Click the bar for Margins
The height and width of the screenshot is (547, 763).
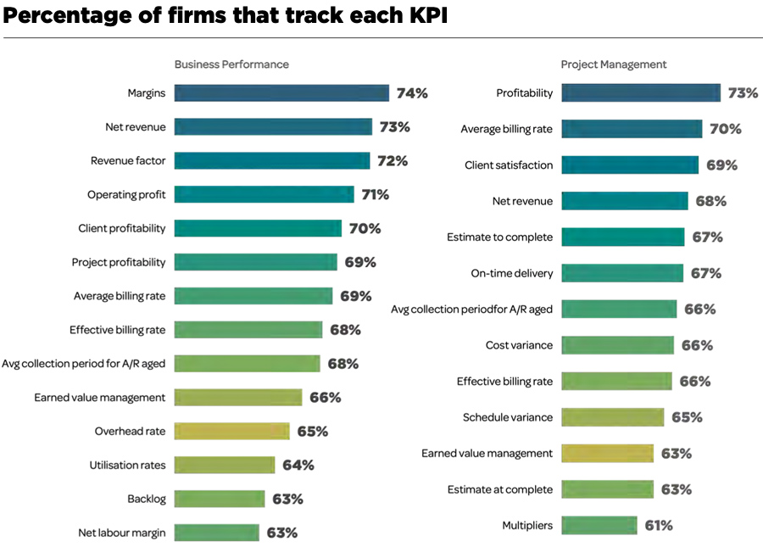pos(281,93)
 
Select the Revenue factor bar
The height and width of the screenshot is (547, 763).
pos(272,161)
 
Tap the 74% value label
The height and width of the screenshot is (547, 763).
pos(412,93)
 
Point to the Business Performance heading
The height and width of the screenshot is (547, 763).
pos(231,64)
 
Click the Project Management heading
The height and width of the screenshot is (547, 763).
pos(614,64)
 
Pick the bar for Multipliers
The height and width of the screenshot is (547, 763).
pos(599,526)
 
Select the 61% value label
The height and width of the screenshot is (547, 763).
pos(659,526)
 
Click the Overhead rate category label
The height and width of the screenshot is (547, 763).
pos(130,432)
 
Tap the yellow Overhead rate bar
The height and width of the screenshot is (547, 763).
pos(231,432)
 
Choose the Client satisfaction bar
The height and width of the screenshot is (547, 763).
pos(630,165)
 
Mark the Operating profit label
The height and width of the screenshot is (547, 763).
pos(126,195)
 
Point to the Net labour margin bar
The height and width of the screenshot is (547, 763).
pos(216,533)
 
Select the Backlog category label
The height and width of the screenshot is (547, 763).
pos(146,499)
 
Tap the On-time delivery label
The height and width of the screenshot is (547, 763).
pos(512,273)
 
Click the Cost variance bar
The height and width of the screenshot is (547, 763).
pos(617,345)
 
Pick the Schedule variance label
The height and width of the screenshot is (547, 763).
pos(508,417)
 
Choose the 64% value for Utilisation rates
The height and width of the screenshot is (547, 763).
pos(298,465)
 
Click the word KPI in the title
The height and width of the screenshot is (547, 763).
pos(424,17)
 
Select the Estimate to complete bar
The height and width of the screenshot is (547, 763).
pos(622,237)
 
